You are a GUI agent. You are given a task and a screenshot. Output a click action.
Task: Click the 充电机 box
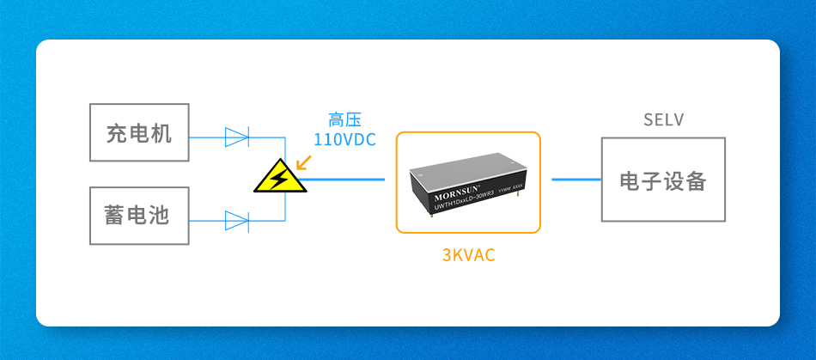(139, 133)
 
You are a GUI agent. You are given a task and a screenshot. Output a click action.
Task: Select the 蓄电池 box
(139, 216)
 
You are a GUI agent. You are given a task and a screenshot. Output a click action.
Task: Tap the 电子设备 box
(663, 180)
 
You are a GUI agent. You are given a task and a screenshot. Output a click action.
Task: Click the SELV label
(663, 120)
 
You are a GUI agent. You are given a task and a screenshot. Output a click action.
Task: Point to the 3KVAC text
(468, 255)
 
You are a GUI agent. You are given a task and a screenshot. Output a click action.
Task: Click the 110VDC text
(344, 139)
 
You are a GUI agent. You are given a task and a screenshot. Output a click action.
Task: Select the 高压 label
(344, 120)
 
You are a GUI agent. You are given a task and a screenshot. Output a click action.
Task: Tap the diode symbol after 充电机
(236, 136)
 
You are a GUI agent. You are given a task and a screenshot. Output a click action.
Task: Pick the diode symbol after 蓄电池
(236, 221)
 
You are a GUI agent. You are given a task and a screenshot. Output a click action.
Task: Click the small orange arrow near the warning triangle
(301, 161)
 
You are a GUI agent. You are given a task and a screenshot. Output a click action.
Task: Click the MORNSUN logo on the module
(446, 185)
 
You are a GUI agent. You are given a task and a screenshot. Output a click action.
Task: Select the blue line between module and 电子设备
(575, 180)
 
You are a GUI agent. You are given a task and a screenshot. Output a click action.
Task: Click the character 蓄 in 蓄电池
(116, 216)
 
